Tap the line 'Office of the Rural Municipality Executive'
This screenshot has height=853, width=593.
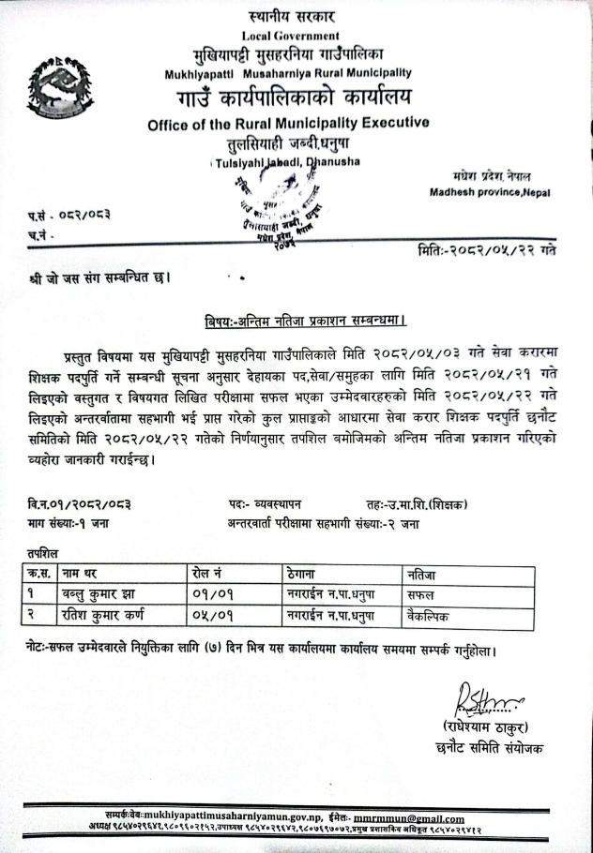point(288,123)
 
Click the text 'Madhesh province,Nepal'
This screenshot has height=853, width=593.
point(490,192)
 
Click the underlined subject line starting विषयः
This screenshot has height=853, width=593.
point(306,321)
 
